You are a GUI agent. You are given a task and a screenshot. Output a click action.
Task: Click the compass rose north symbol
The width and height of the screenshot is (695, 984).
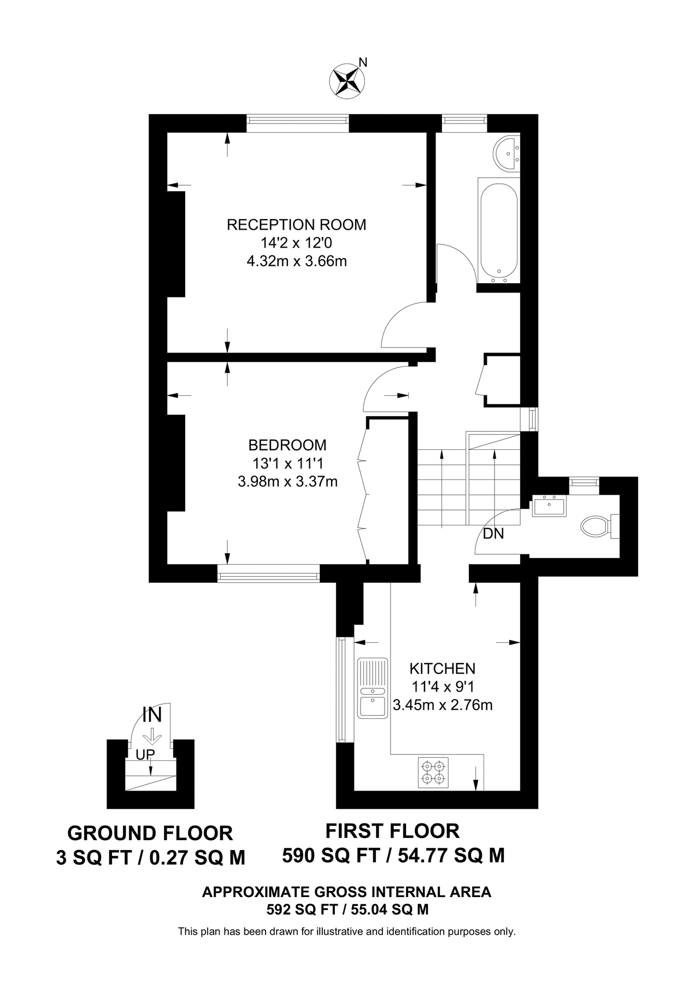click(x=347, y=80)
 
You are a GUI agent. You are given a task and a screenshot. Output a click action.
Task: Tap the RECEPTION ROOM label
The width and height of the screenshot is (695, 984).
click(x=296, y=225)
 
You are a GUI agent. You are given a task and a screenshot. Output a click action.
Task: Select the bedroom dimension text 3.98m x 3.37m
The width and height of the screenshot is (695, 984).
click(x=287, y=482)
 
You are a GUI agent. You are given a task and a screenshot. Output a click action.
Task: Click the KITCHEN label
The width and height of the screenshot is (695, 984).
click(x=443, y=668)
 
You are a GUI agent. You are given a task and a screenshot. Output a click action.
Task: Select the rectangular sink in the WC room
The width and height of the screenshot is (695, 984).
click(x=549, y=506)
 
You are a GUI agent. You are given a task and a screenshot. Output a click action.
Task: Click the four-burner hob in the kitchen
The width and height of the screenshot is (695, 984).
click(x=433, y=772)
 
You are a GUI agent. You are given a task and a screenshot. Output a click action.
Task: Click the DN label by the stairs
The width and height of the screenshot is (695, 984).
click(x=493, y=534)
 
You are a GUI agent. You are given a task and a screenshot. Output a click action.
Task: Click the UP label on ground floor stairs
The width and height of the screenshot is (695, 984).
click(x=145, y=754)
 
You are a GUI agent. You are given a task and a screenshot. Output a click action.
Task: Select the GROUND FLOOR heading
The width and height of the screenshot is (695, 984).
click(x=150, y=833)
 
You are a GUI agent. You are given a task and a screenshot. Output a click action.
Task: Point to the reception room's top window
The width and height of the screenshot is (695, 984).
click(x=297, y=123)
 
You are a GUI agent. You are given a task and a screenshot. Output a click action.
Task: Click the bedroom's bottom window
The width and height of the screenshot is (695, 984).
click(x=268, y=573)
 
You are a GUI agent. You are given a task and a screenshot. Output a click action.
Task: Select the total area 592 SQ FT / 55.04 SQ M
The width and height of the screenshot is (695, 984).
click(x=347, y=910)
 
